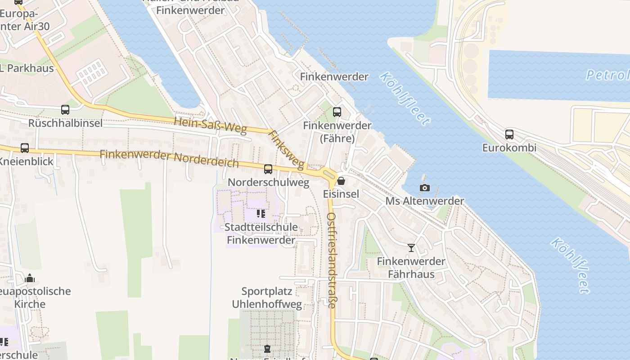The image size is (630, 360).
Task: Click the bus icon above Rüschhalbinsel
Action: (x=65, y=109)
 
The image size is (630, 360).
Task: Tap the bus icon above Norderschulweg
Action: (x=268, y=169)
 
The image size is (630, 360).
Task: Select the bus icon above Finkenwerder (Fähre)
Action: (x=337, y=112)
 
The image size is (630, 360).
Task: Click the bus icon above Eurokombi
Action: (x=509, y=134)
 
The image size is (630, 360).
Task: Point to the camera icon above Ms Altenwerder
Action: (x=424, y=188)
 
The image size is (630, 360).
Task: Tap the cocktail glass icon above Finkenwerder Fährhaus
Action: (x=411, y=247)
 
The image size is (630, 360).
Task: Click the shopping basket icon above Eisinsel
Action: (x=341, y=181)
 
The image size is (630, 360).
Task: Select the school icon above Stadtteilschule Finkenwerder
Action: (x=261, y=214)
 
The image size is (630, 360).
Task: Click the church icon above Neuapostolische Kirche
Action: (x=30, y=278)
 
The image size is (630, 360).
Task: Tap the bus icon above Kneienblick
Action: (x=25, y=148)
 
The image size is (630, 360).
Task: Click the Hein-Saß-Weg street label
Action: (x=210, y=126)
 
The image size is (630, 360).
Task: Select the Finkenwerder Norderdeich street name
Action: (x=169, y=158)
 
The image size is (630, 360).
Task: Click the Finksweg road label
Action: (x=286, y=150)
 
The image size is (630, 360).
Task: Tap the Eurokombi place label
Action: (x=509, y=148)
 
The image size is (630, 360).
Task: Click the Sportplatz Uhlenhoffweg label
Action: (x=267, y=297)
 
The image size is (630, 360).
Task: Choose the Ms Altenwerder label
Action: (x=424, y=201)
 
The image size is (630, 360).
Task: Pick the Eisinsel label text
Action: (x=341, y=194)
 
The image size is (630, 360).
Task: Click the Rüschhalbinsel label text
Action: (x=65, y=123)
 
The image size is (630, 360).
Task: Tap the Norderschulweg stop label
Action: (x=269, y=182)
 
